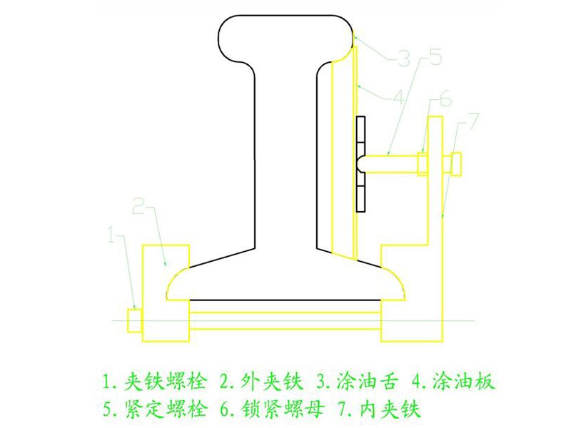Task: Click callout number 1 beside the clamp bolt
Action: coord(112,235)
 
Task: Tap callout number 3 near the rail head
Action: coord(403,58)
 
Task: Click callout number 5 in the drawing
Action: coord(435,57)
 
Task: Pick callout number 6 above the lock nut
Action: coord(445,98)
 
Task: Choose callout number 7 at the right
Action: coord(473,121)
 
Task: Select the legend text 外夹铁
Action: coord(272,382)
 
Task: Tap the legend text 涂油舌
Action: coord(367,382)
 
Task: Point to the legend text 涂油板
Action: coord(463,382)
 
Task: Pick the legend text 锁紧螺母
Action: coord(282,409)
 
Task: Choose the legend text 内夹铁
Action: coord(390,409)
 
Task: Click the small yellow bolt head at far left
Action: coord(134,320)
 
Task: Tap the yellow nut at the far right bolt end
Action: coord(456,164)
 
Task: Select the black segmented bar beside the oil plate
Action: coord(360,164)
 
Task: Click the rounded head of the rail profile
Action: coord(286,39)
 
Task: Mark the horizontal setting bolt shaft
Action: coord(391,163)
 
